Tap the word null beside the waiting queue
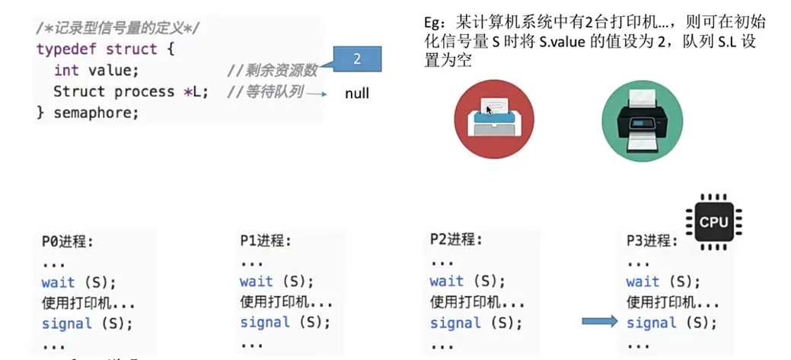click(356, 94)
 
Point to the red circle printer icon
click(494, 119)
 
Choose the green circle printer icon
click(642, 119)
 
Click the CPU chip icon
click(713, 221)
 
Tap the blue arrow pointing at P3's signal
click(599, 322)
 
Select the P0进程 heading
click(68, 242)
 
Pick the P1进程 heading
click(266, 242)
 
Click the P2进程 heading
click(456, 241)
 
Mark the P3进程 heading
click(652, 241)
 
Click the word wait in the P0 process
click(59, 282)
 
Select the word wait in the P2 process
click(446, 282)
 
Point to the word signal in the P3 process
click(651, 323)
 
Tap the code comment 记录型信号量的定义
click(119, 27)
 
